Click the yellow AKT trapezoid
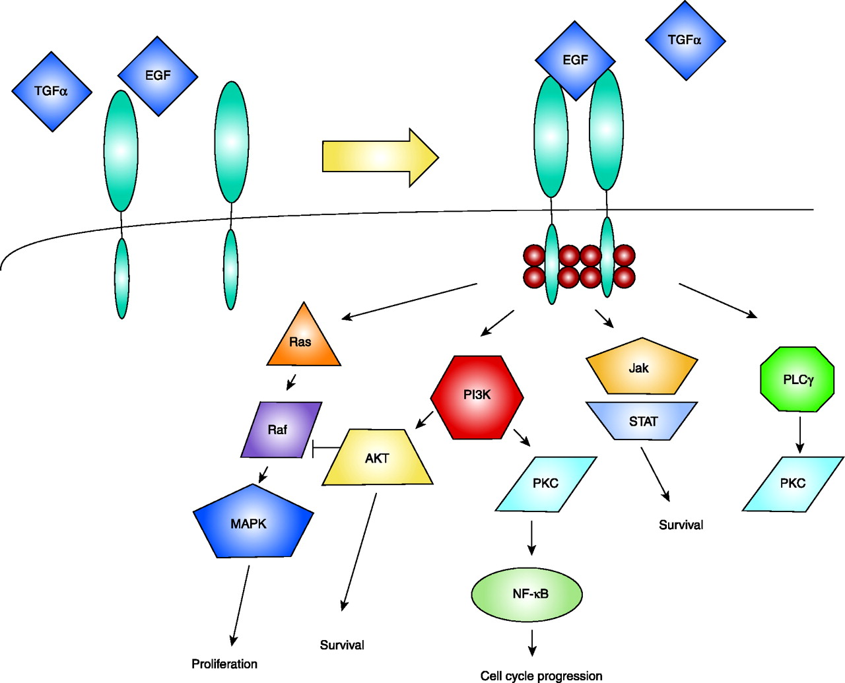378,458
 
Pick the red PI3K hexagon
477,397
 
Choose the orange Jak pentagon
641,368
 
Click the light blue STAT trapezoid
642,421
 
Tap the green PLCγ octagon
797,379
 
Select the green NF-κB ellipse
527,594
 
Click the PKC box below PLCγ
793,484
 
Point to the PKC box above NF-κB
545,484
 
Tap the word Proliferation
224,664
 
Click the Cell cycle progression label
541,676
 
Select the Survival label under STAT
681,525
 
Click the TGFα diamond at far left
51,92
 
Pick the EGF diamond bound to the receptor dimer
575,61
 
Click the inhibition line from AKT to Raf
325,448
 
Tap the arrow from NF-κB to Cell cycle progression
532,642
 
